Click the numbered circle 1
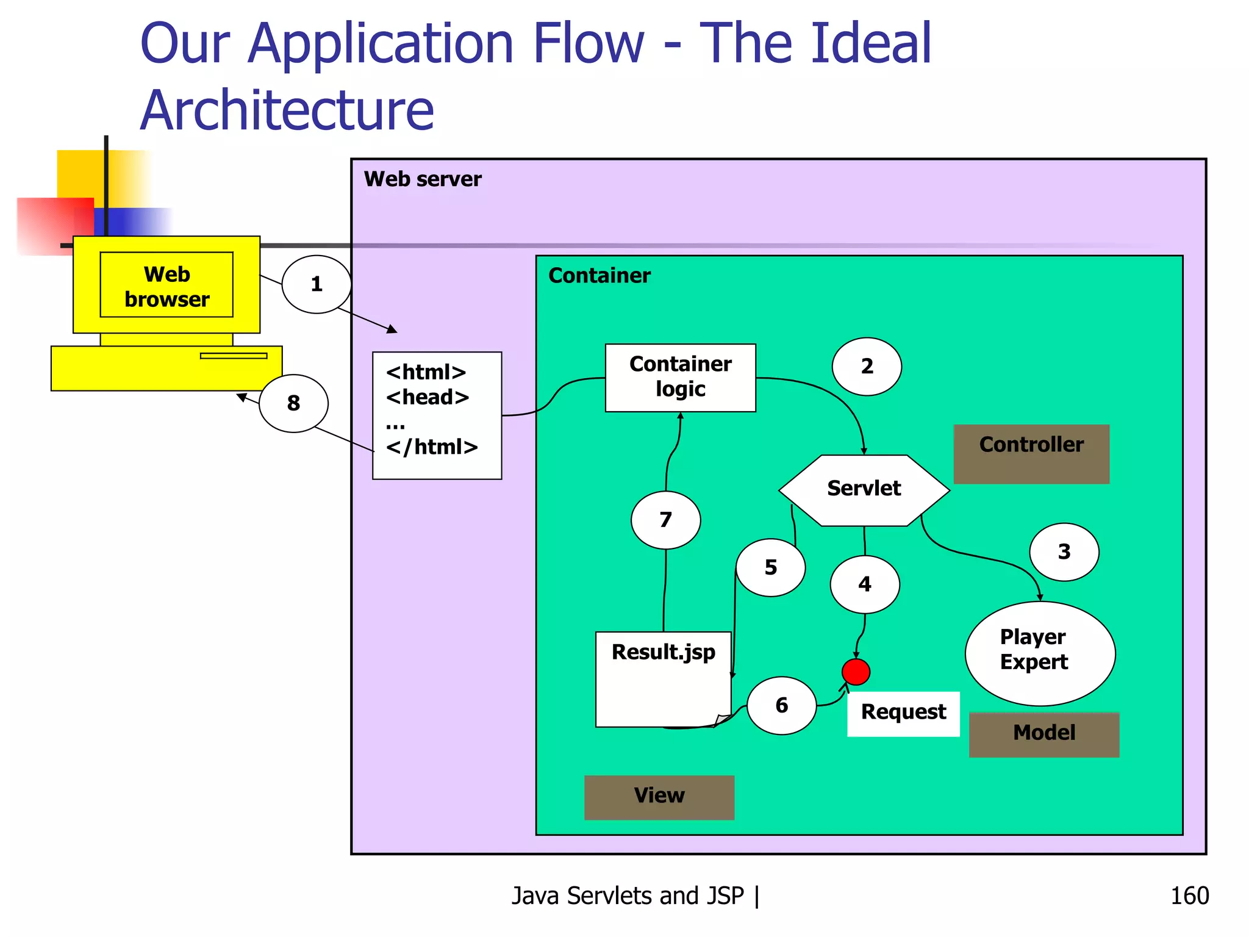coord(316,284)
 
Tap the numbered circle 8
coord(293,403)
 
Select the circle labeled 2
coord(867,367)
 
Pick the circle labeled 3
coord(1064,552)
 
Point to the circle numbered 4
coord(864,584)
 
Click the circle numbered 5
coord(770,567)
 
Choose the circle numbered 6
coord(781,705)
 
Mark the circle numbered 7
coord(665,520)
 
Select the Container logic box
coord(680,378)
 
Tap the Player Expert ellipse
coord(1040,653)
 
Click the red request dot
coord(856,672)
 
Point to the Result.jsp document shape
coord(663,679)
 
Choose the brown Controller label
coord(1031,454)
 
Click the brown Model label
coord(1043,734)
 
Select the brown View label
coord(659,797)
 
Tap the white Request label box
coord(903,713)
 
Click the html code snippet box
coord(437,415)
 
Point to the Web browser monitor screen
coord(166,285)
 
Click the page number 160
coord(1189,896)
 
